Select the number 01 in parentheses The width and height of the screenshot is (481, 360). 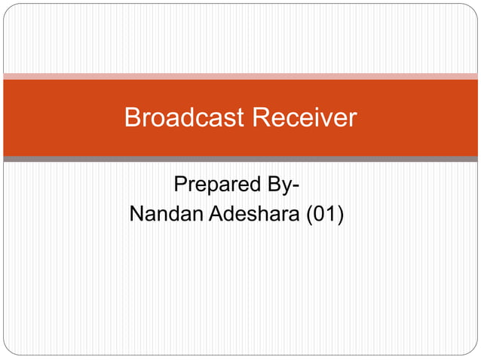click(x=324, y=215)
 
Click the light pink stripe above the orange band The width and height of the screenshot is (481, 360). click(x=240, y=76)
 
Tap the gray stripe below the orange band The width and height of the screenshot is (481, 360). click(x=240, y=159)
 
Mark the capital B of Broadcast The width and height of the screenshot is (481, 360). click(x=133, y=117)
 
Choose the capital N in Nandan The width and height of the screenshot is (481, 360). click(x=136, y=215)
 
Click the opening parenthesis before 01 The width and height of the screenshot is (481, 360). click(x=310, y=215)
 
